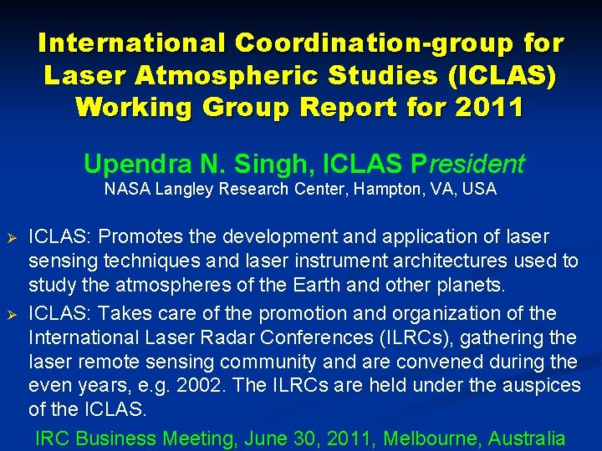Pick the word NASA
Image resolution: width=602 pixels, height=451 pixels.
point(128,190)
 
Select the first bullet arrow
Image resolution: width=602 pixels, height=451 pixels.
point(11,238)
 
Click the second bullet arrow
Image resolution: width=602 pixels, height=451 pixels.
point(11,314)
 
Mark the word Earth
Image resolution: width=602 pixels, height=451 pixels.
point(317,286)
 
